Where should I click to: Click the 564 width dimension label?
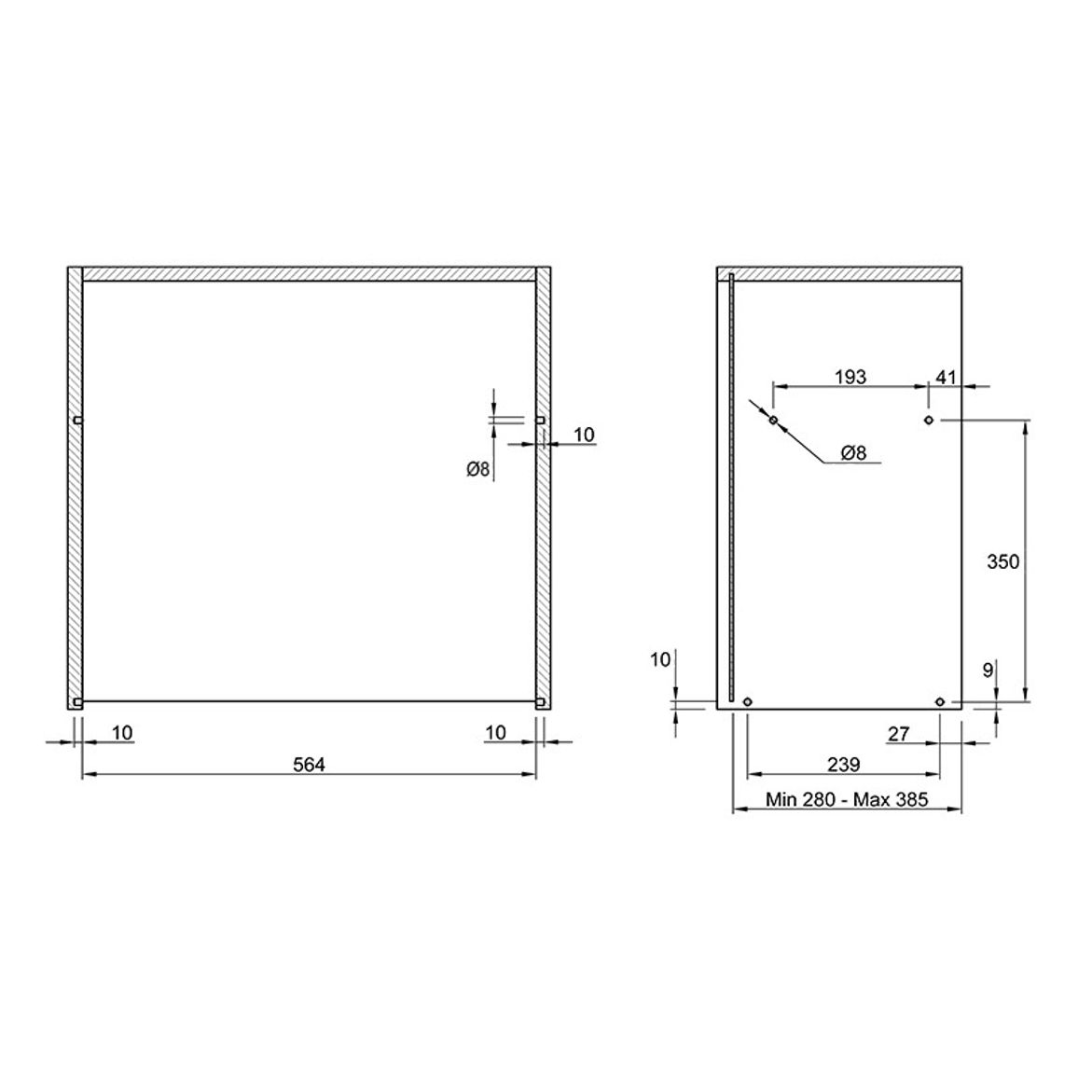click(x=309, y=765)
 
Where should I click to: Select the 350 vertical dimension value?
click(x=1002, y=561)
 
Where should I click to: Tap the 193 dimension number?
click(x=850, y=377)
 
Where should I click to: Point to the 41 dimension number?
click(x=946, y=377)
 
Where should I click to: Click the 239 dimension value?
click(x=844, y=765)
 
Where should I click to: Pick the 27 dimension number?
click(x=899, y=734)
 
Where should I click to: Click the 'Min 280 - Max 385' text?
click(x=847, y=799)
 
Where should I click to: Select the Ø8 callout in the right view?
click(x=853, y=452)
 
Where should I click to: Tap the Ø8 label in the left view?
click(x=477, y=469)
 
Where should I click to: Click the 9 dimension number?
click(x=988, y=670)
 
